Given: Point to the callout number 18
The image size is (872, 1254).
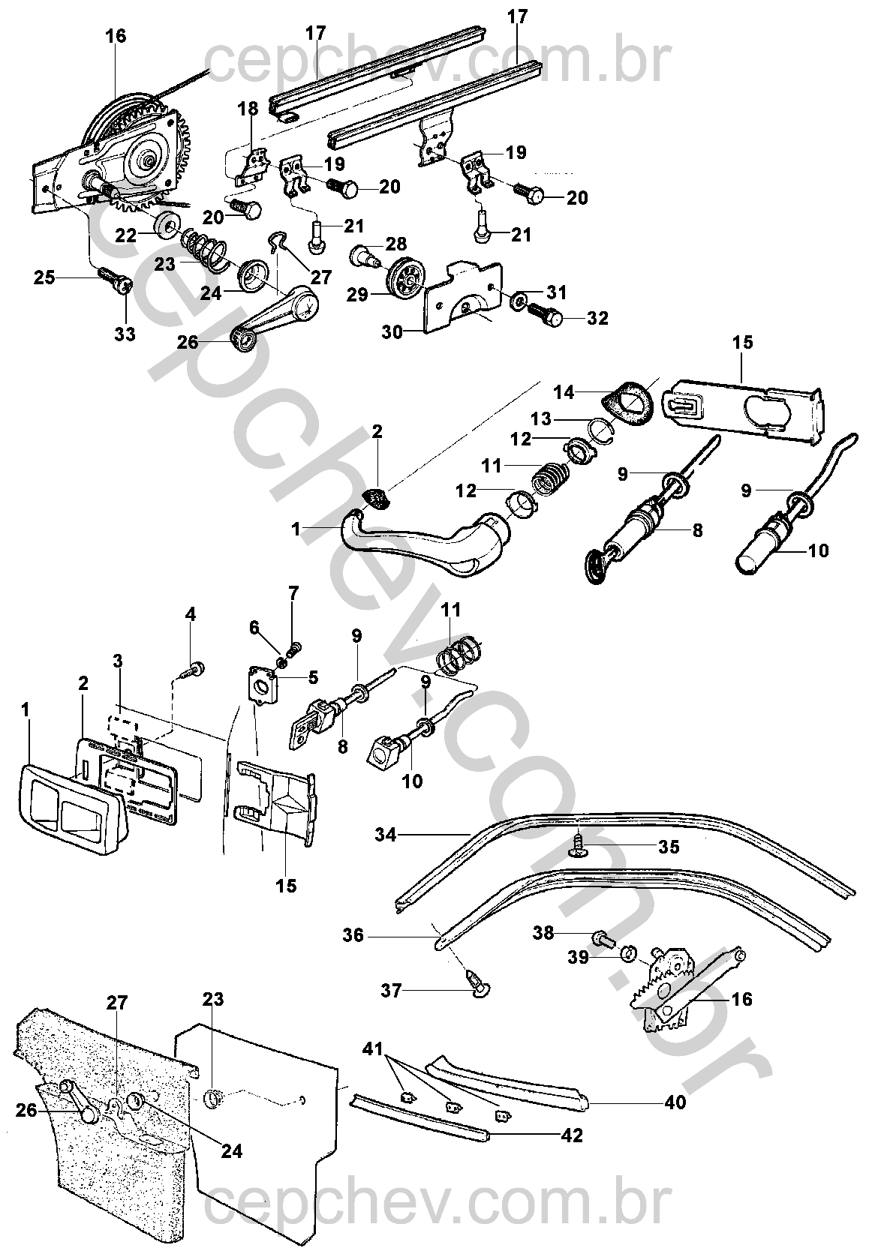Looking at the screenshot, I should pos(248,108).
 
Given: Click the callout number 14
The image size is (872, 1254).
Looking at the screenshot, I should pos(564,391).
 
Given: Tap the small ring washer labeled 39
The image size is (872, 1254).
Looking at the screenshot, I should pos(629,954).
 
